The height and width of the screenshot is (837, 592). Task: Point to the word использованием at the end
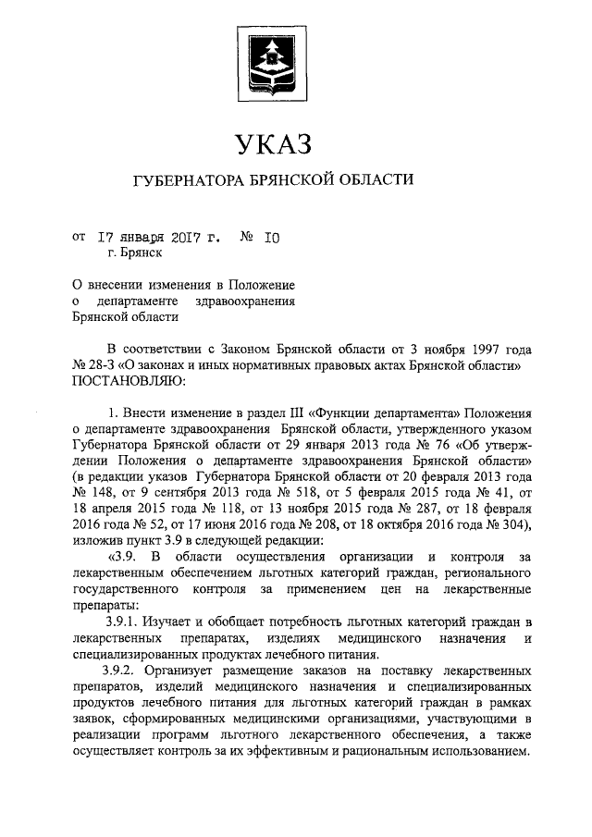pyautogui.click(x=477, y=752)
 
